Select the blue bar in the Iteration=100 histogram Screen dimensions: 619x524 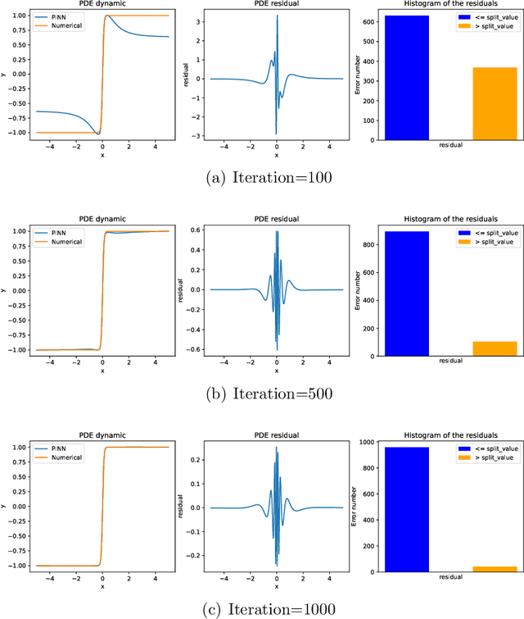click(407, 78)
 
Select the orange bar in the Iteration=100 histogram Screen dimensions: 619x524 click(494, 103)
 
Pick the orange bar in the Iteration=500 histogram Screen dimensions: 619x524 click(494, 348)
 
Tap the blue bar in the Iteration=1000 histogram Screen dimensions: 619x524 click(407, 509)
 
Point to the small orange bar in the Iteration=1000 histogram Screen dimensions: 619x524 click(494, 568)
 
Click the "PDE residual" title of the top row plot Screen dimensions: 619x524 click(276, 5)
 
